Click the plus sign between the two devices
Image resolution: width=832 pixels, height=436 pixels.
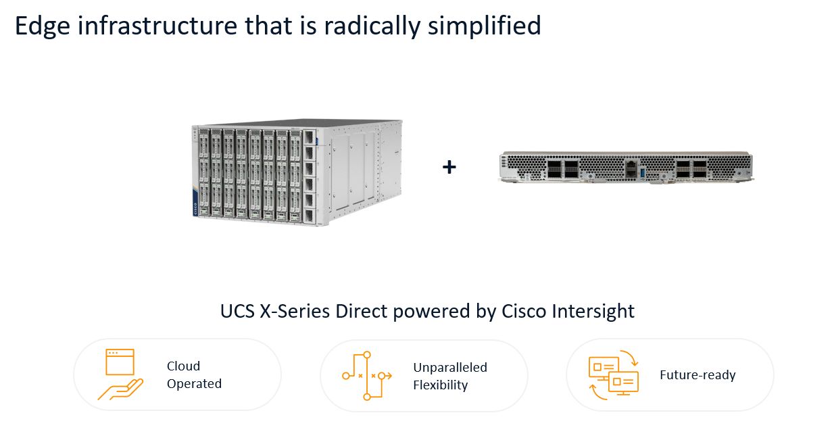click(x=449, y=167)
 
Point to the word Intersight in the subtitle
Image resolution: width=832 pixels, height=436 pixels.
click(x=593, y=312)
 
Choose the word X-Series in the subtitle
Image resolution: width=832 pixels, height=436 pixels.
click(x=295, y=311)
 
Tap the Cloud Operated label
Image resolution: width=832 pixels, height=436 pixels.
click(x=194, y=374)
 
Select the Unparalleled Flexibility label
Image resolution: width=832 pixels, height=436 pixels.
click(x=450, y=376)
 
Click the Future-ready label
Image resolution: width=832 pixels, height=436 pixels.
click(x=698, y=374)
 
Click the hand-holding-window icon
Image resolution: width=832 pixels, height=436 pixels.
click(x=120, y=374)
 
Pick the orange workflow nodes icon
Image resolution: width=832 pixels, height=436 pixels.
click(x=367, y=376)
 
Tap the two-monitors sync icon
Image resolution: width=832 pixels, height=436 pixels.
click(x=614, y=374)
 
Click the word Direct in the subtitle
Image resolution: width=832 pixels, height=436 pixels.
click(x=362, y=311)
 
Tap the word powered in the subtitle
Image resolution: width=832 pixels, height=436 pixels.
click(x=432, y=312)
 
